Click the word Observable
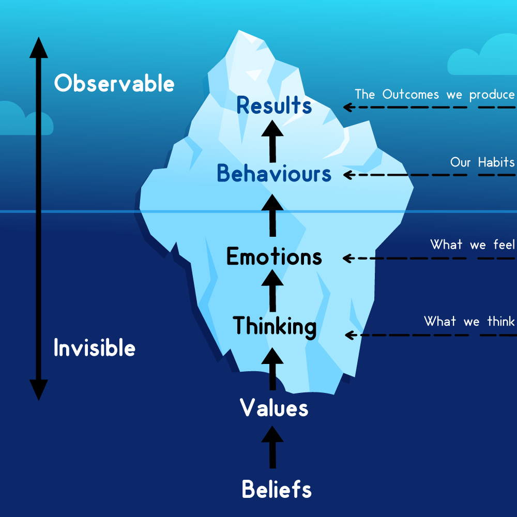[x=114, y=83]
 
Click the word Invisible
[x=95, y=347]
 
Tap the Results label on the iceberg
[x=274, y=105]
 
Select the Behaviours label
[x=274, y=173]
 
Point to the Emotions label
[x=274, y=256]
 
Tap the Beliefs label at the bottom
[x=277, y=489]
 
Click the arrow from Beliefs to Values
[x=272, y=447]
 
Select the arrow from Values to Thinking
[x=272, y=369]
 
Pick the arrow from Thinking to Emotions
[x=272, y=291]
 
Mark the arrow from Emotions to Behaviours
[x=272, y=215]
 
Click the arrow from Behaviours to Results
[x=272, y=141]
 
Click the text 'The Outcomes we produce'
[x=435, y=95]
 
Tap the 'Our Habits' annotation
[x=482, y=162]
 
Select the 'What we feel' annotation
[x=472, y=245]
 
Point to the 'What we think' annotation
[x=469, y=321]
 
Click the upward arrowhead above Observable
[x=39, y=48]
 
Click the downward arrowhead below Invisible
[x=39, y=390]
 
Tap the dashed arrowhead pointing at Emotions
[x=348, y=258]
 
